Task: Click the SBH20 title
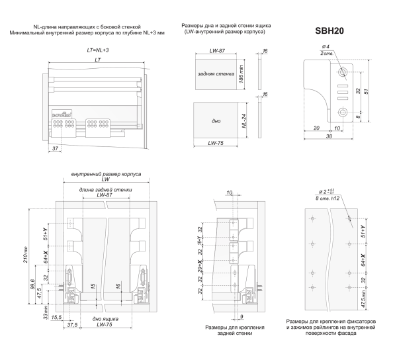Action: (x=328, y=30)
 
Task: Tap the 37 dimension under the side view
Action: (x=54, y=149)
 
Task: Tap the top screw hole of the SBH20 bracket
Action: (x=342, y=71)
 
